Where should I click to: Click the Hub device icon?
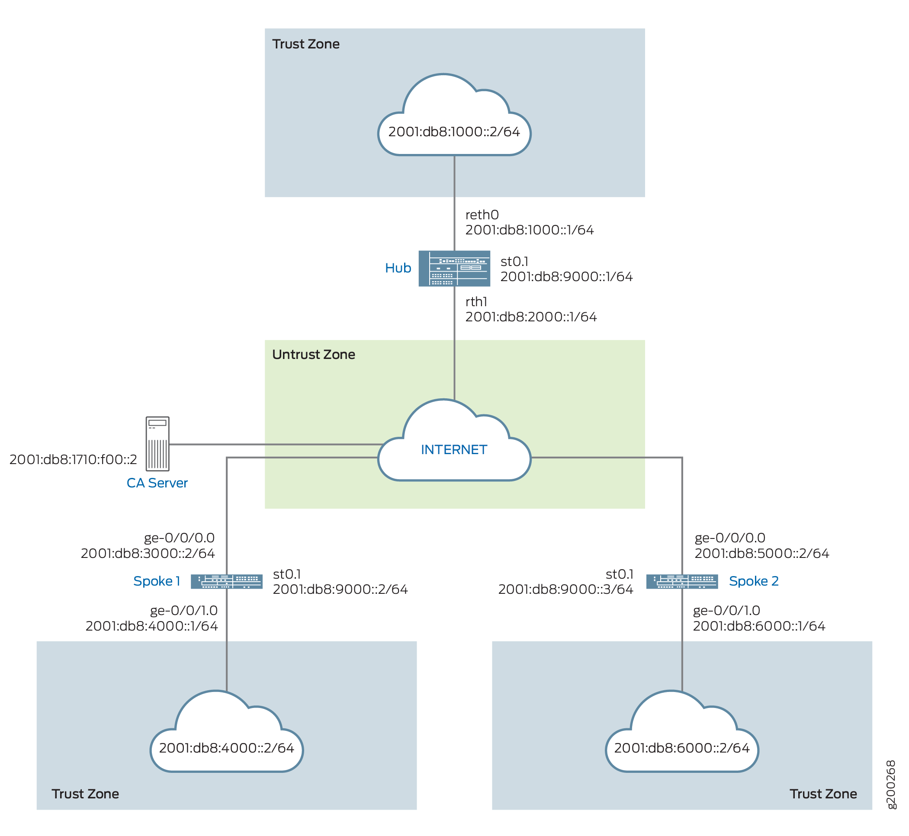[454, 268]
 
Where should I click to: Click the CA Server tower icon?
[157, 443]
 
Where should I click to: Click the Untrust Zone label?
[314, 354]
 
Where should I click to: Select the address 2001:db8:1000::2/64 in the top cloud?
[454, 131]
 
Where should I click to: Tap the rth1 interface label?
[476, 301]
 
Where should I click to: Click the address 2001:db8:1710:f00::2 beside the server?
[73, 460]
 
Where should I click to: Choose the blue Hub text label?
[398, 268]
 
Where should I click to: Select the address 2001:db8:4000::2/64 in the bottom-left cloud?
[226, 748]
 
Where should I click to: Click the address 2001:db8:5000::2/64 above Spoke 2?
[761, 553]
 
